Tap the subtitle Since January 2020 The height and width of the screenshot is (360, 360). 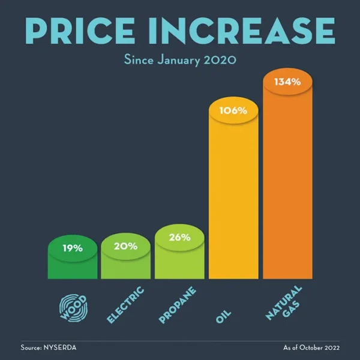point(179,60)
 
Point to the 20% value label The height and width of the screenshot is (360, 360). point(125,245)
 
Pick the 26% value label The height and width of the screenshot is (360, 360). point(179,237)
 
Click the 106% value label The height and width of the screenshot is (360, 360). point(233,111)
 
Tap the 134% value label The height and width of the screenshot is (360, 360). point(287,82)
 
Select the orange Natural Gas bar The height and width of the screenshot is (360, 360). point(287,192)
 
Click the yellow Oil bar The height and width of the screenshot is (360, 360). point(233,204)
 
